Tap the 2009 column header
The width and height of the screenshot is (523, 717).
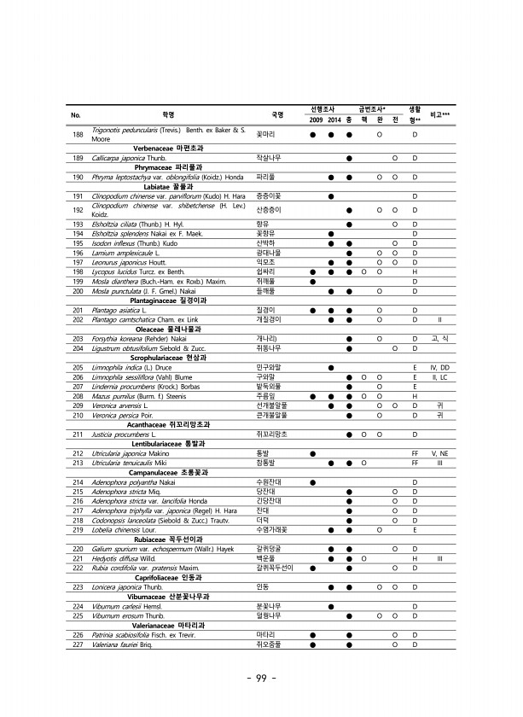(x=314, y=118)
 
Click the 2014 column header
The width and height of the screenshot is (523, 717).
(x=333, y=118)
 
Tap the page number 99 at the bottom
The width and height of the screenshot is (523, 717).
(x=262, y=678)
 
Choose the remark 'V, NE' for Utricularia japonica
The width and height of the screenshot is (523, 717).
(x=439, y=452)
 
